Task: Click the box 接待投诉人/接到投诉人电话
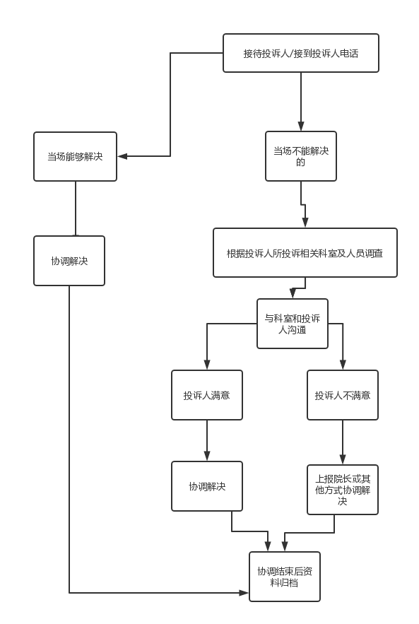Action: tap(301, 53)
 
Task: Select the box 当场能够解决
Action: tap(75, 156)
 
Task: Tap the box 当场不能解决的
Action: tap(301, 156)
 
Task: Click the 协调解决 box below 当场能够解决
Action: tap(69, 261)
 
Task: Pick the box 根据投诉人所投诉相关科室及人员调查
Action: tap(305, 253)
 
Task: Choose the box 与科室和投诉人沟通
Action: tap(293, 324)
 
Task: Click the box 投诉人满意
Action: tap(207, 395)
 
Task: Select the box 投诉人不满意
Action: tap(343, 395)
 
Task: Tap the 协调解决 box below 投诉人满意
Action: tap(207, 486)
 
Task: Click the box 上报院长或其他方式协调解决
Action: tap(343, 490)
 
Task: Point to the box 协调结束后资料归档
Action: tap(285, 577)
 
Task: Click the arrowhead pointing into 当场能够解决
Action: tap(122, 156)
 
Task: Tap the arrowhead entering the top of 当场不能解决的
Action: tap(301, 126)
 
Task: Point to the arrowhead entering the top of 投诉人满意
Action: tap(207, 365)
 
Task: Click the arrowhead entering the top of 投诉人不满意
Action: tap(343, 365)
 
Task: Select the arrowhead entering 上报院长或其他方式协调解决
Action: tap(343, 459)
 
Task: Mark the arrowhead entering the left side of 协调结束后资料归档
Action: tap(244, 593)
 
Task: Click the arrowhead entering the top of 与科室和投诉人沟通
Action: tap(293, 294)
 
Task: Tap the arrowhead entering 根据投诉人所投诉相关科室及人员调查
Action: tap(305, 223)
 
